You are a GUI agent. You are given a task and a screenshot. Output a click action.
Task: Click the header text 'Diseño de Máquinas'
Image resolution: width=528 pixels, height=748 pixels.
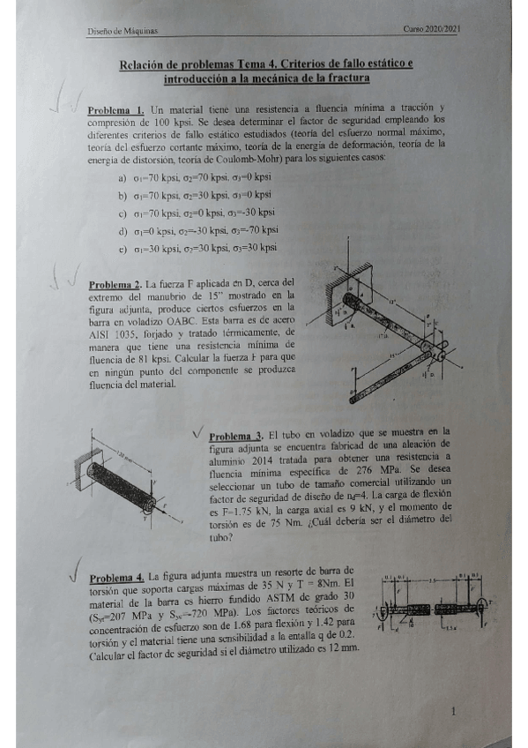coord(122,31)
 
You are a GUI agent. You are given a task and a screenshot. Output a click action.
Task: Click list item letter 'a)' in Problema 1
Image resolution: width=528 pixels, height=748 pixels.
coord(123,178)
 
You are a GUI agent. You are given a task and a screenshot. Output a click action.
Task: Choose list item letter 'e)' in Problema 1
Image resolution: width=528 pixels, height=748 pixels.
coord(123,249)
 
